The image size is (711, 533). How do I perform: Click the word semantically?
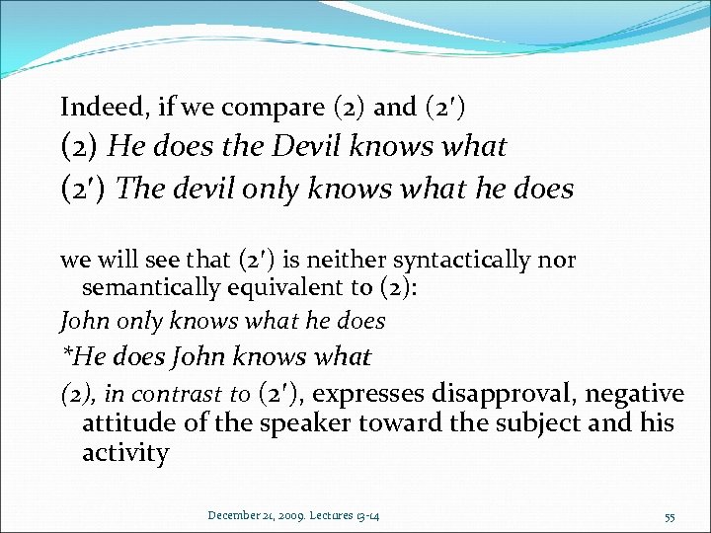click(150, 288)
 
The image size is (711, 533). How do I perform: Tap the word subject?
click(530, 423)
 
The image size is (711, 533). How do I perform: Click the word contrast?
click(177, 395)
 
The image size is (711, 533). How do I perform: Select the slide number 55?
click(671, 515)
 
